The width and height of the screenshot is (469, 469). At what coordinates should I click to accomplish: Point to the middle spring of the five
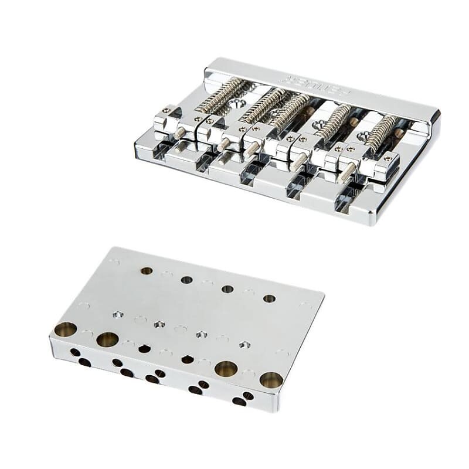(x=290, y=110)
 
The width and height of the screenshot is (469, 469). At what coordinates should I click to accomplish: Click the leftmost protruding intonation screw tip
(x=179, y=133)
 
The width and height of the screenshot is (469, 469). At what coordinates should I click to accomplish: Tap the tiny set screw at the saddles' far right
(x=387, y=158)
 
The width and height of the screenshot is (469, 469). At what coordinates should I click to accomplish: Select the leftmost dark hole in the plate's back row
(x=147, y=271)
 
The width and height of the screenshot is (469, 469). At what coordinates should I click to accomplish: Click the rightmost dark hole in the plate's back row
(x=269, y=298)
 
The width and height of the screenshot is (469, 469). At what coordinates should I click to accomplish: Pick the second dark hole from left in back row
(x=186, y=280)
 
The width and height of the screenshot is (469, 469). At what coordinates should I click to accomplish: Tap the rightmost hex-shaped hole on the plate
(x=244, y=344)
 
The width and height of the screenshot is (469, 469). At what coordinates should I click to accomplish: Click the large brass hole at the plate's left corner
(x=66, y=329)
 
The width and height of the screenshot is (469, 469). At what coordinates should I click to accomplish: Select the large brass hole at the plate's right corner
(x=271, y=380)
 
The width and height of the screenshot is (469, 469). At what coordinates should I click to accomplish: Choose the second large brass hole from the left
(x=107, y=339)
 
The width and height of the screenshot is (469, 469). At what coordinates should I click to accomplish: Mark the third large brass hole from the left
(x=226, y=369)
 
